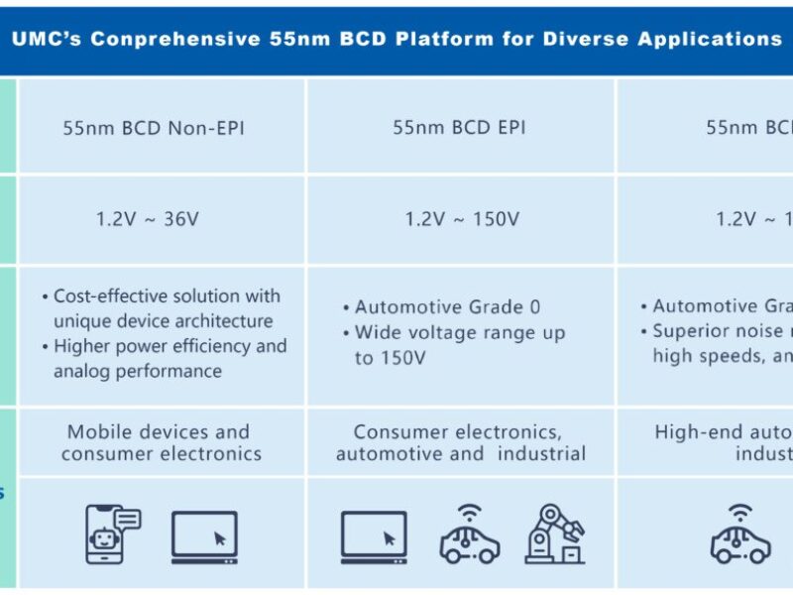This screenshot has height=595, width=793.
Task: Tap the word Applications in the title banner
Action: pyautogui.click(x=713, y=40)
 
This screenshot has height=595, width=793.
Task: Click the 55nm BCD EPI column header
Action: pyautogui.click(x=459, y=128)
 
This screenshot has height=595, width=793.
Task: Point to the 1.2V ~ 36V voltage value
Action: pyautogui.click(x=147, y=219)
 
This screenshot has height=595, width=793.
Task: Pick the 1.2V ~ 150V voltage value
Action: pyautogui.click(x=461, y=219)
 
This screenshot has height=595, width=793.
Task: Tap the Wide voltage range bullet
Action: pyautogui.click(x=458, y=345)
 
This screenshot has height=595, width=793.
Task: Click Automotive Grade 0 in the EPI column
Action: pyautogui.click(x=448, y=307)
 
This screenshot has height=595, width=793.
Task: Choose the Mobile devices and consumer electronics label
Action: pyautogui.click(x=161, y=443)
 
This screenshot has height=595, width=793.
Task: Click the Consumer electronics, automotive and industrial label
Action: pyautogui.click(x=461, y=443)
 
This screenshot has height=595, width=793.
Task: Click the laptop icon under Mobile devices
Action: pyautogui.click(x=204, y=536)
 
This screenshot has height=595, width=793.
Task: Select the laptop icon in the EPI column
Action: pyautogui.click(x=374, y=536)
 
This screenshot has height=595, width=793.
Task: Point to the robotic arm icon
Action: pyautogui.click(x=555, y=535)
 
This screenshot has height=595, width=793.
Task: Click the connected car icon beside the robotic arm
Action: pyautogui.click(x=469, y=536)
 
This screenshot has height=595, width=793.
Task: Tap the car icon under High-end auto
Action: pyautogui.click(x=740, y=536)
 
